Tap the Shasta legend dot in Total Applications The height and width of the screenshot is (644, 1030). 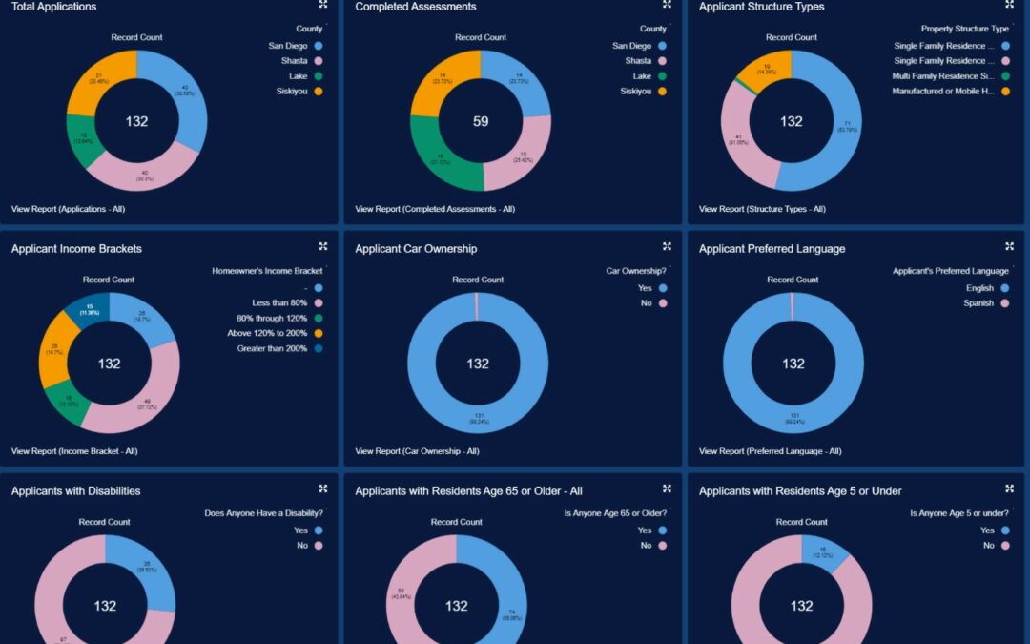point(318,60)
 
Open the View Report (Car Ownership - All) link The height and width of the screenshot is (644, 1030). point(417,451)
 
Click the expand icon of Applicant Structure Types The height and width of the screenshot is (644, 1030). point(1009,5)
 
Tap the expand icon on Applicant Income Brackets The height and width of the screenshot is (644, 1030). point(323,246)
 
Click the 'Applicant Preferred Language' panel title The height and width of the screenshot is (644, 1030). point(772,249)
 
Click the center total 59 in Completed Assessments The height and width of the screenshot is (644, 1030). point(481,121)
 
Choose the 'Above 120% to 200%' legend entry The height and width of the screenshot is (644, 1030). point(272,333)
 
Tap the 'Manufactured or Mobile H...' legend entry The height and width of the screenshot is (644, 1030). point(943,92)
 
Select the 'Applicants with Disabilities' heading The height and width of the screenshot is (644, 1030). point(75,491)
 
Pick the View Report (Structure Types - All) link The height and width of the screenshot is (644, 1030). point(762,209)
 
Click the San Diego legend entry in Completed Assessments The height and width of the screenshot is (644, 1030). point(631,46)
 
